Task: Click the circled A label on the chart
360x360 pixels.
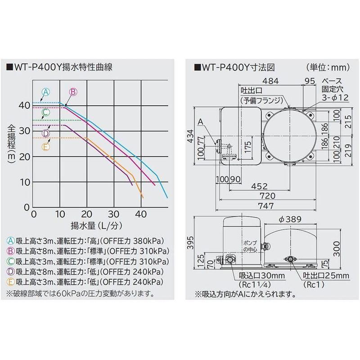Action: [46, 92]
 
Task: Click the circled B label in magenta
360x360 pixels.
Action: [73, 92]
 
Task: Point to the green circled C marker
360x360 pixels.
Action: [46, 112]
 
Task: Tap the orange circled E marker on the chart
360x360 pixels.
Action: [46, 147]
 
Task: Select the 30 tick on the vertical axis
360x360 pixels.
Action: [25, 131]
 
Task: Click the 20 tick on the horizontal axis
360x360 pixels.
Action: [86, 215]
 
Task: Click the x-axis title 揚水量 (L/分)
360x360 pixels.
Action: [96, 226]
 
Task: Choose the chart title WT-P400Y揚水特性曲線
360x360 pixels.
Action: [60, 67]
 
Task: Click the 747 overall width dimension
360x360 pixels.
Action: [266, 206]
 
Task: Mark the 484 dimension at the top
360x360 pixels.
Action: [271, 81]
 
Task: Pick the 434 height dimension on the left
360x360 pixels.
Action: [190, 136]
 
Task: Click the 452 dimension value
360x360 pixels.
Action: [260, 186]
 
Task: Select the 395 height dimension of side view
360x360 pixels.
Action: [190, 243]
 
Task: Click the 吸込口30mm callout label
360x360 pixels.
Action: [262, 275]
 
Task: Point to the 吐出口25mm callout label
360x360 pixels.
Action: [326, 275]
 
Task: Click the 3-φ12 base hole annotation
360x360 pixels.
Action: [335, 98]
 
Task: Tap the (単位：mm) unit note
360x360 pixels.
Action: [328, 67]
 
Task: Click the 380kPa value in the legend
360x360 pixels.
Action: [149, 241]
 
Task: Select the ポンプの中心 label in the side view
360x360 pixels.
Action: [250, 246]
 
